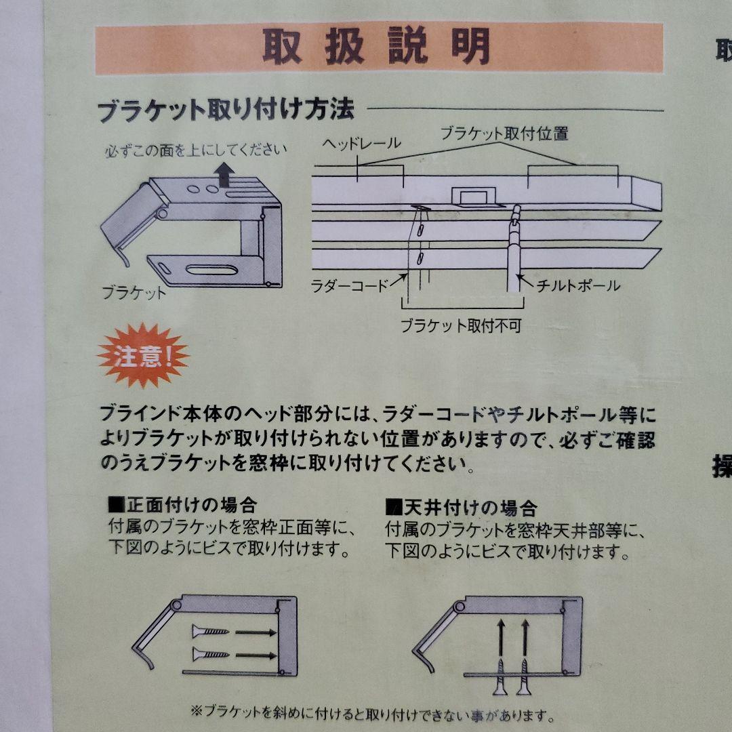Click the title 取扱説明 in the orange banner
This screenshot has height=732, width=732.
[376, 46]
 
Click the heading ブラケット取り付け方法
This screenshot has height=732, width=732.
[226, 110]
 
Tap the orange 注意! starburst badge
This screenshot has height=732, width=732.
[143, 356]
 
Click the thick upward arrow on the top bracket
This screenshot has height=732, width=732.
[224, 175]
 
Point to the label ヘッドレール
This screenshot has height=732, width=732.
[361, 143]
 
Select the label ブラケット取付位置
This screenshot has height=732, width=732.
[505, 134]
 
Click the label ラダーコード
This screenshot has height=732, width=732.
[349, 285]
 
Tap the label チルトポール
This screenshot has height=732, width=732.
[578, 285]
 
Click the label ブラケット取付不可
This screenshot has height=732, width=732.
[462, 325]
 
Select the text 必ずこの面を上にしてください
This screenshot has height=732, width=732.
[196, 150]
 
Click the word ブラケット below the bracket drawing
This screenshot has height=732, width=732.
[134, 293]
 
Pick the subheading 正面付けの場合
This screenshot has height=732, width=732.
[182, 504]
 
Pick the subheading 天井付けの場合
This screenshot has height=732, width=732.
[462, 506]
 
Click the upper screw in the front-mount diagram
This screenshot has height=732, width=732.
[210, 632]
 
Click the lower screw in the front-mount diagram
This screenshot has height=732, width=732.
[210, 655]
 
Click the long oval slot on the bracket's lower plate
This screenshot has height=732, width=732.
[211, 270]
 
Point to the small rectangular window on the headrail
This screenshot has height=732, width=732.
[473, 197]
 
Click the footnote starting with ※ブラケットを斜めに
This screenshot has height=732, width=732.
[373, 713]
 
